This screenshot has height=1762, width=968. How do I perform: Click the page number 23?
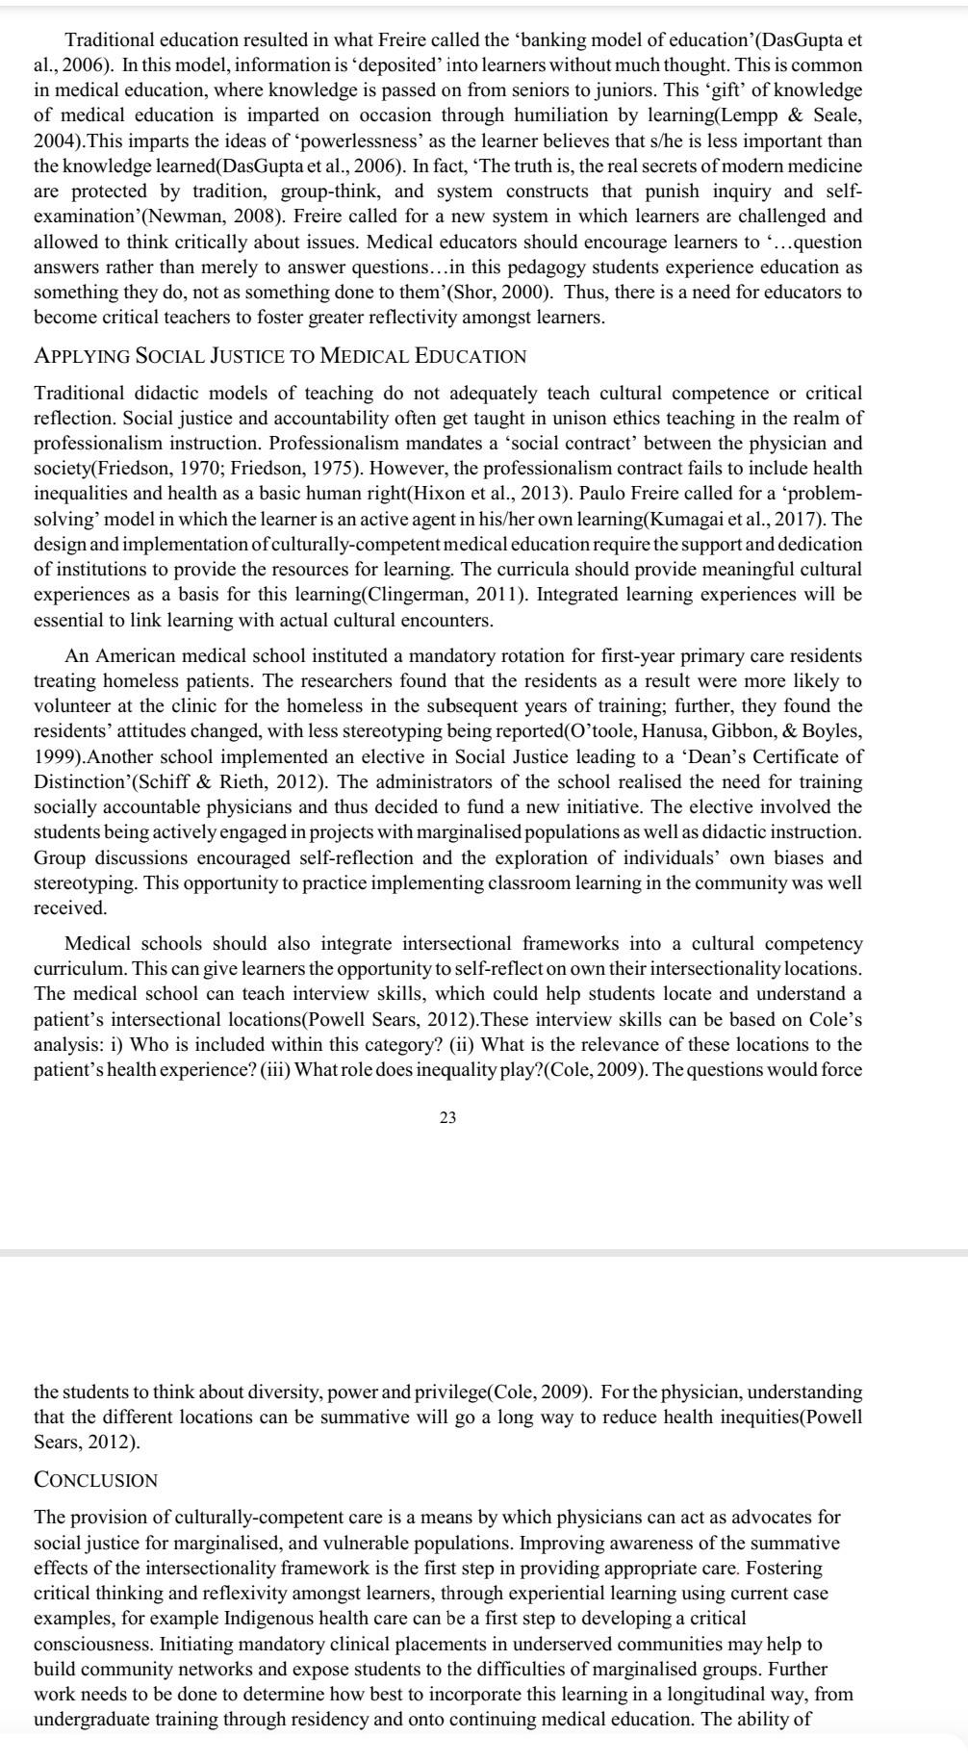[447, 1117]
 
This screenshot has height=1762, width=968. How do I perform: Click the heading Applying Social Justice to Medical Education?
[280, 356]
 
